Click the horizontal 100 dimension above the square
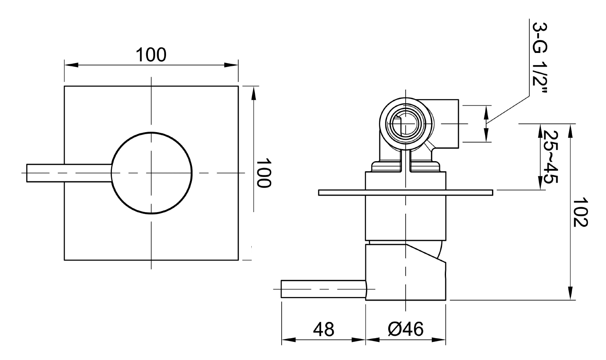(151, 55)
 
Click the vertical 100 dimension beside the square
(263, 173)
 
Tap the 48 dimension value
(324, 329)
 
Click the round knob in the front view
(151, 173)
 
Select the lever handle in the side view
(323, 289)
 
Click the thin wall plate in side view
(406, 193)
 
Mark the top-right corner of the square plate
(238, 86)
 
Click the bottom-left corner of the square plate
(65, 260)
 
